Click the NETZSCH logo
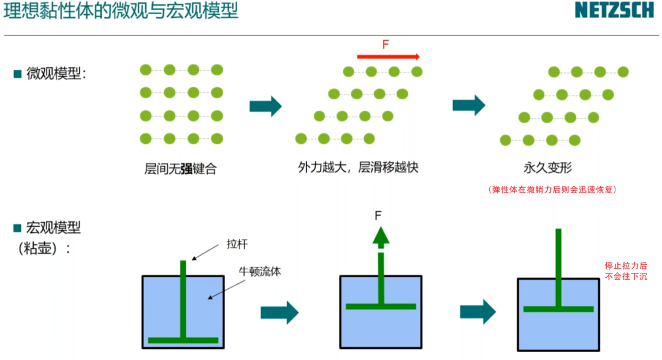point(614,10)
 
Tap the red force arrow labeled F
point(388,56)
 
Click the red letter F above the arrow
point(386,44)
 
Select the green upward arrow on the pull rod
point(381,236)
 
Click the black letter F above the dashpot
point(379,215)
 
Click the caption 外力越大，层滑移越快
point(358,167)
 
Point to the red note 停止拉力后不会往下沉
point(626,271)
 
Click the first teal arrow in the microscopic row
point(265,106)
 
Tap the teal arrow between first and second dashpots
point(279,312)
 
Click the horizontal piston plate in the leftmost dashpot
point(183,340)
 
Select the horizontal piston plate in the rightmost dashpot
point(558,309)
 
